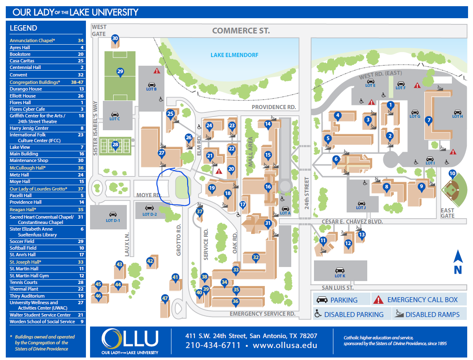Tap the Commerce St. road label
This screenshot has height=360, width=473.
pyautogui.click(x=241, y=31)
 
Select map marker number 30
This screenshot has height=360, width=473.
pyautogui.click(x=115, y=39)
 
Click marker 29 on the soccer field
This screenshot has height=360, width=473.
pyautogui.click(x=120, y=72)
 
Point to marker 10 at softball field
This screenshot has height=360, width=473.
pyautogui.click(x=452, y=174)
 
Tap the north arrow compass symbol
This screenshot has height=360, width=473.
pyautogui.click(x=457, y=262)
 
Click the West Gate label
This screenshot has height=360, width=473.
pyautogui.click(x=99, y=30)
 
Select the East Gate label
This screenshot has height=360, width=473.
pyautogui.click(x=447, y=213)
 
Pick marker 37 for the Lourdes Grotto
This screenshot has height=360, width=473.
pyautogui.click(x=200, y=212)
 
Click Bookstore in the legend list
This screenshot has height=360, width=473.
pyautogui.click(x=20, y=54)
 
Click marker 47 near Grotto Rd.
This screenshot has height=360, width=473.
pyautogui.click(x=165, y=299)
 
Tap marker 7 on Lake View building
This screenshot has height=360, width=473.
pyautogui.click(x=429, y=121)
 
